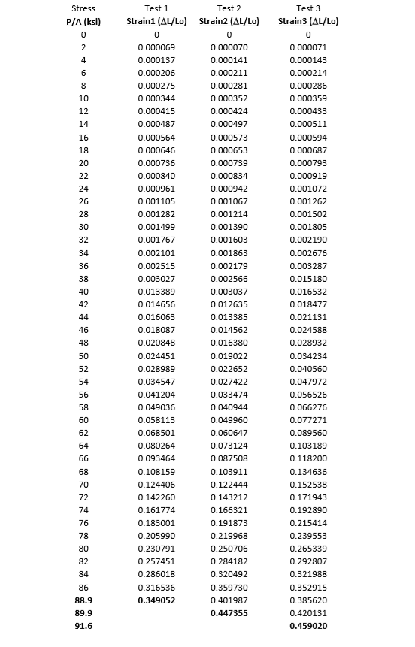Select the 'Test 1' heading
156,8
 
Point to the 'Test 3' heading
308,8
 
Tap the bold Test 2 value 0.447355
229,613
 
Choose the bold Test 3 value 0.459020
308,626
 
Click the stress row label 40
83,291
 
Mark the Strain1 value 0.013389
156,291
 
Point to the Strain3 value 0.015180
308,278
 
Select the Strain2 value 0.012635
229,304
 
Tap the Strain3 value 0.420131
308,613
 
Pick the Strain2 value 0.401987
229,600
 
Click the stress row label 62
83,433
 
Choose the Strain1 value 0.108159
156,471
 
